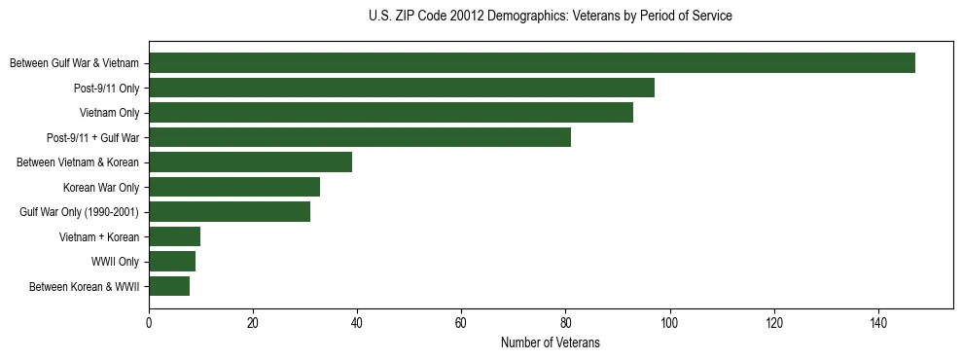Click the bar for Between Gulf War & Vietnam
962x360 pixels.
[x=532, y=63]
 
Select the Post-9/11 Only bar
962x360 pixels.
[x=402, y=88]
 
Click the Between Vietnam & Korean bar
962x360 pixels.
[x=250, y=162]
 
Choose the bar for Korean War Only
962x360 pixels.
[x=234, y=187]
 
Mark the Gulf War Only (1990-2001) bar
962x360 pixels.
[x=230, y=211]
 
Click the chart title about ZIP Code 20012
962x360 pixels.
[x=551, y=17]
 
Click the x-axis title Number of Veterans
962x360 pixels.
[x=551, y=343]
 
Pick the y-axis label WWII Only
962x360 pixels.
[x=115, y=262]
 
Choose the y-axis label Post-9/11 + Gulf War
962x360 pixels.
[x=92, y=138]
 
